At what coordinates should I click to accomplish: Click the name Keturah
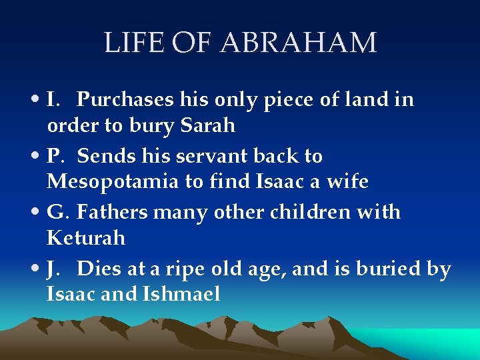pos(86,237)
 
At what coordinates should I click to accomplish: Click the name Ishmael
pos(181,293)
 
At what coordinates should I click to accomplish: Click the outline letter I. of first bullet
pos(55,100)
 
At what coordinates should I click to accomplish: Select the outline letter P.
pos(55,156)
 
